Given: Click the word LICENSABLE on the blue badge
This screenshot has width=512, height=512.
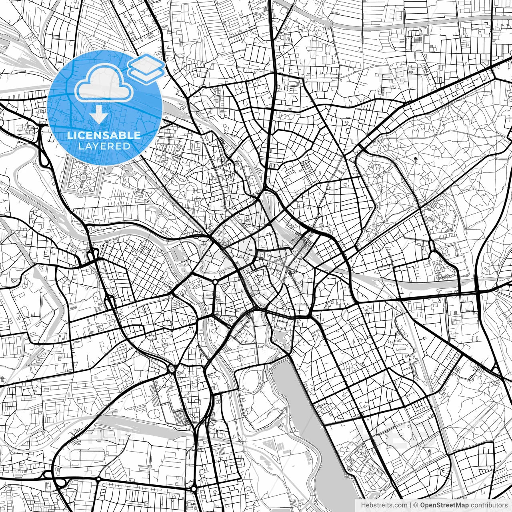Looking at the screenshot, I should coord(104,135).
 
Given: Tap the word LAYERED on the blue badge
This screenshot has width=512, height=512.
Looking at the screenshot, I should coord(104,146).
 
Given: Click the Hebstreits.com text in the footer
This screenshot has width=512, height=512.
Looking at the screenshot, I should coord(384,505).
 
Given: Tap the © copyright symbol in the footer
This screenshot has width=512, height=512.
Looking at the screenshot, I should coord(416,505).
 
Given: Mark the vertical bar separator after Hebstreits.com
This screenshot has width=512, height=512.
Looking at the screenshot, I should coord(411,505).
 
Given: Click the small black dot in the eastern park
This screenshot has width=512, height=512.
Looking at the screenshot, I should coord(416,159).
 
